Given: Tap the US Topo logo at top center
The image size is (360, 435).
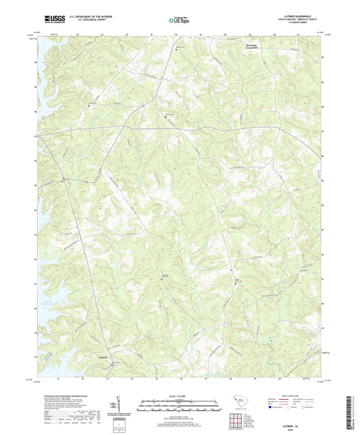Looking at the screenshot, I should tap(179, 20).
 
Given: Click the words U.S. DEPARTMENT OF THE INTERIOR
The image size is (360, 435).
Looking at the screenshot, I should tap(92, 18).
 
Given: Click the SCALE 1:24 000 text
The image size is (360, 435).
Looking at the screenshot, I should tap(180, 397).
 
